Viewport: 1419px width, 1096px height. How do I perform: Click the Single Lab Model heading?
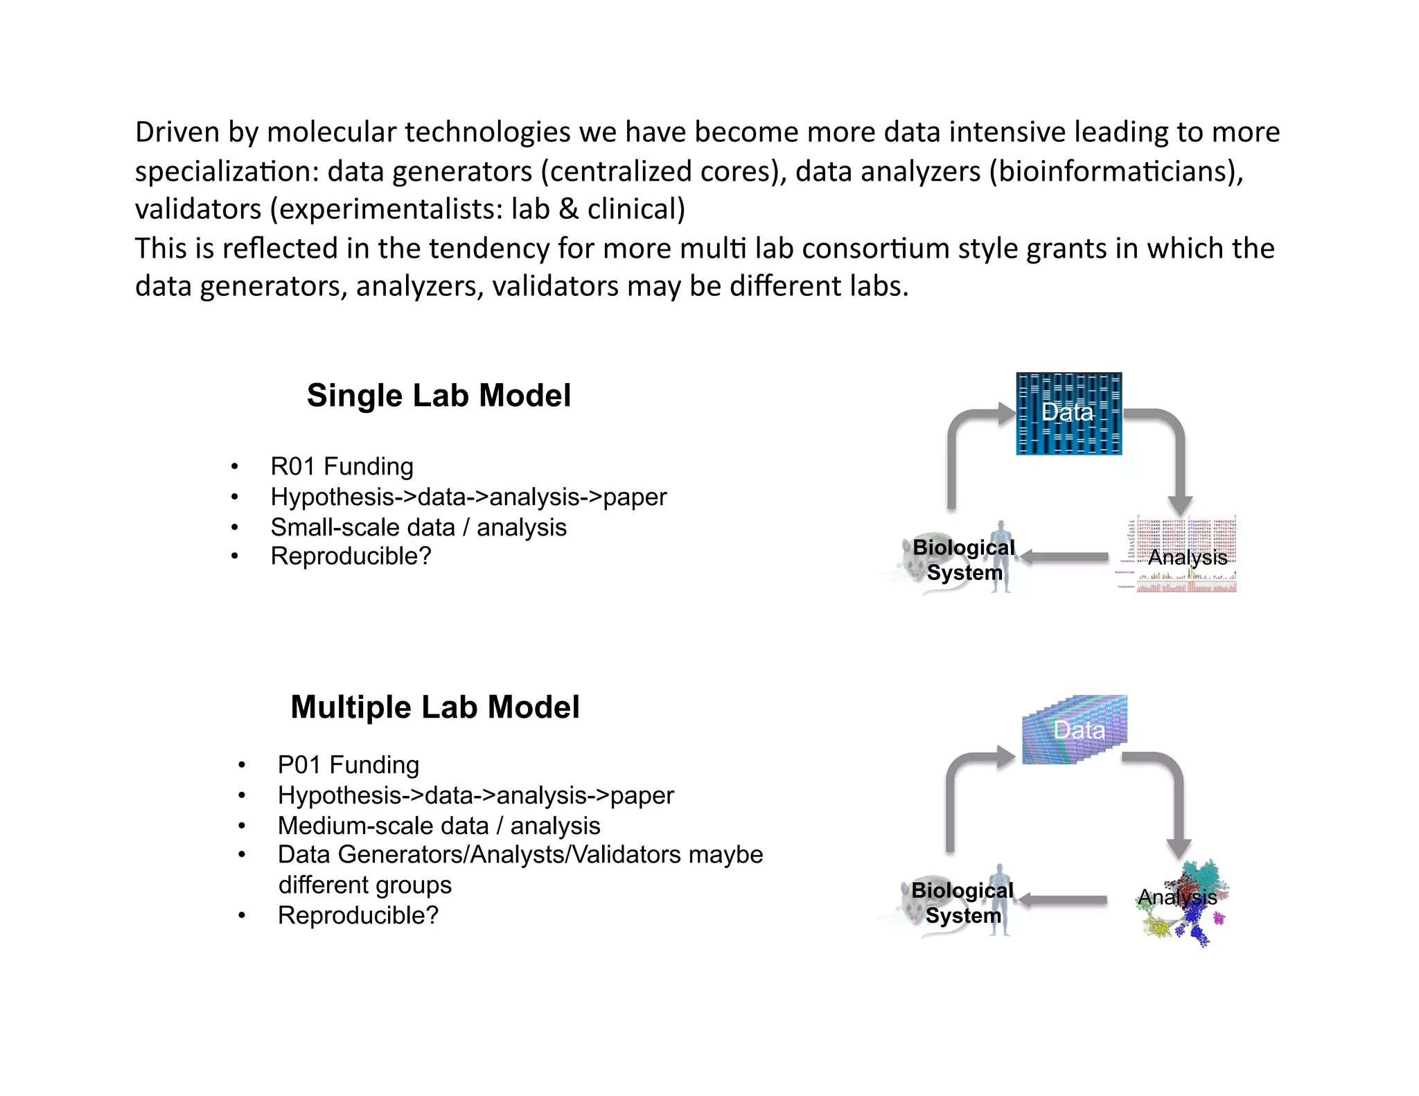tap(439, 396)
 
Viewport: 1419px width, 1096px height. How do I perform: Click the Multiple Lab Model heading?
tap(434, 707)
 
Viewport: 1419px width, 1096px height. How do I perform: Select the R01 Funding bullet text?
tap(342, 466)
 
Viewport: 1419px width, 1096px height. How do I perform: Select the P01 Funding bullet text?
tap(348, 765)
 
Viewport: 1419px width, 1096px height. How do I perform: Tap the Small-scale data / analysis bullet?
tap(418, 527)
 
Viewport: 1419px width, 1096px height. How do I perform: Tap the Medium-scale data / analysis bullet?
tap(439, 826)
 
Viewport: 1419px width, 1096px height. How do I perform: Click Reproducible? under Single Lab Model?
tap(351, 556)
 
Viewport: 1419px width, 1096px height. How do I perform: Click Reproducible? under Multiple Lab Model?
tap(358, 915)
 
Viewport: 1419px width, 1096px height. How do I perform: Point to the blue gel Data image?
tap(1068, 414)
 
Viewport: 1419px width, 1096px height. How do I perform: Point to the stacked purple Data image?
tap(1074, 730)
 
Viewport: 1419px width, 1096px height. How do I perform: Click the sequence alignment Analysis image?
tap(1186, 554)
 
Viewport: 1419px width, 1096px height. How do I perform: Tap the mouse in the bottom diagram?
tap(922, 908)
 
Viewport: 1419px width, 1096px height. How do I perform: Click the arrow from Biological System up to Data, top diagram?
tap(953, 457)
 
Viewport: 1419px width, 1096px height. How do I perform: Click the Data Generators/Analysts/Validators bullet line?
tap(520, 855)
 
